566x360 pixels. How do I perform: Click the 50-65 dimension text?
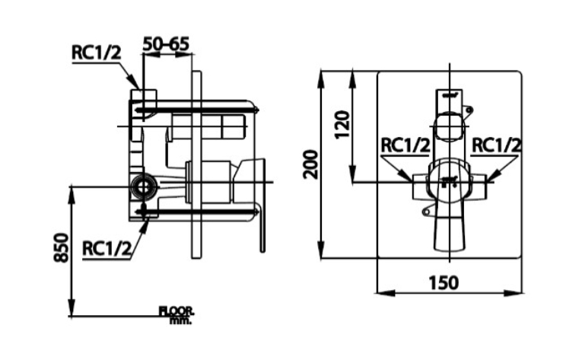click(166, 44)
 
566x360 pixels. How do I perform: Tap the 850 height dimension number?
click(61, 247)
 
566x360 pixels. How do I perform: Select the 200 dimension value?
click(311, 164)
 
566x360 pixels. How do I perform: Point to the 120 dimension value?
click(342, 124)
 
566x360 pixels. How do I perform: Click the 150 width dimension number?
click(444, 282)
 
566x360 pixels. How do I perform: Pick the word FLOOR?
click(176, 311)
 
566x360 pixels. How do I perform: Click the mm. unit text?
click(180, 320)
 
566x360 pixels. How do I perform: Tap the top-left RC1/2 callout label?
click(97, 53)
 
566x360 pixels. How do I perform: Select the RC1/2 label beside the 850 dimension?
click(107, 248)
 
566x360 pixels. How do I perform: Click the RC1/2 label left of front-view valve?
click(405, 145)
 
